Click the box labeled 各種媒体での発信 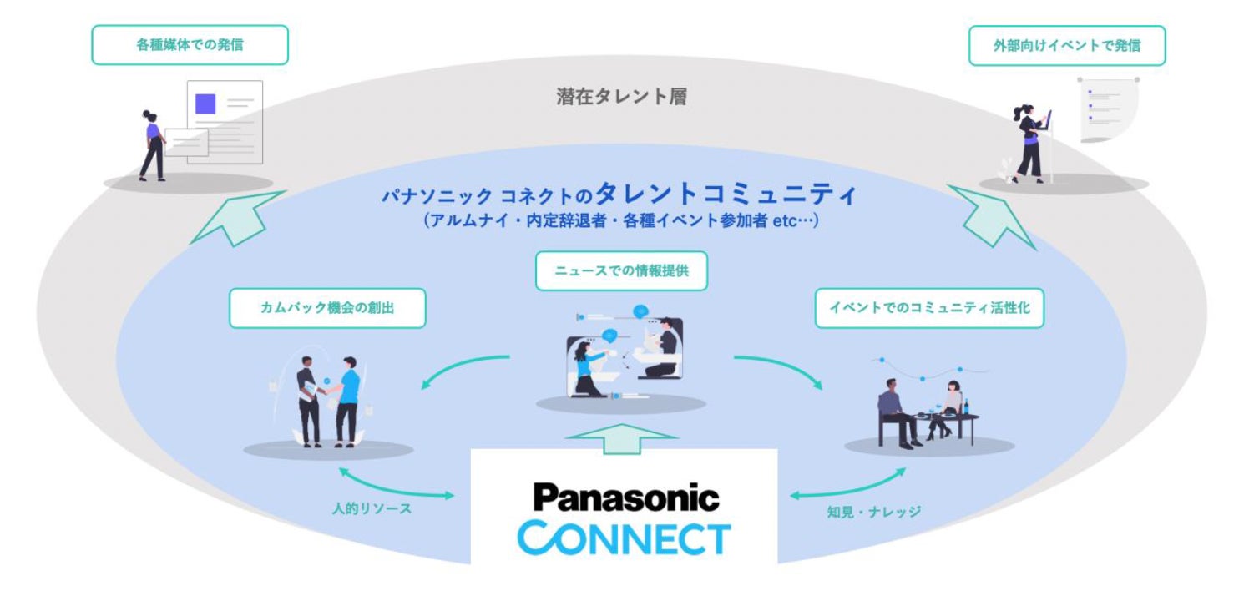(190, 45)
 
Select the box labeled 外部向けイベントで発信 (1066, 45)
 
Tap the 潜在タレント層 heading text (621, 97)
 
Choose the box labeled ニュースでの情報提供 (621, 271)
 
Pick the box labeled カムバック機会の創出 (327, 308)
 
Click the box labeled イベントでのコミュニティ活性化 (928, 308)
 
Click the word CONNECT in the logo (624, 538)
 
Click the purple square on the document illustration (205, 104)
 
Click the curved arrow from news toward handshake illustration (463, 367)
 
